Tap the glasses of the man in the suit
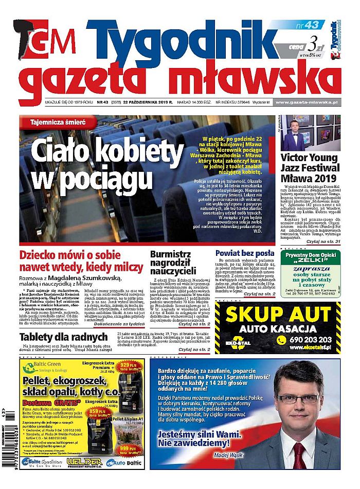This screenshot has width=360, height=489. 297,400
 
